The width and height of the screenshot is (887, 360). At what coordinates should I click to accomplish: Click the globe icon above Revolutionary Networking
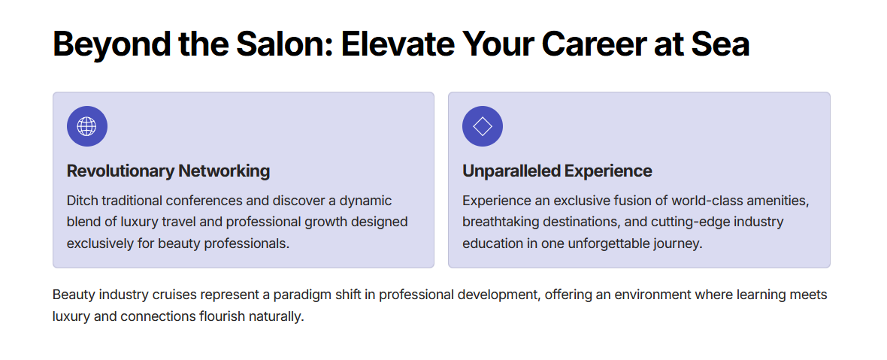(87, 126)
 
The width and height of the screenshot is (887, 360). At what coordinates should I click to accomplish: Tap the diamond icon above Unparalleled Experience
(483, 126)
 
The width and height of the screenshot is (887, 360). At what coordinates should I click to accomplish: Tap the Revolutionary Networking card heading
(168, 171)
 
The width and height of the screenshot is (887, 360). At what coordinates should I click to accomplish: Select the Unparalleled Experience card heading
(557, 171)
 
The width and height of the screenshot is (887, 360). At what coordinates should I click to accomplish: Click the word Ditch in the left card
(82, 201)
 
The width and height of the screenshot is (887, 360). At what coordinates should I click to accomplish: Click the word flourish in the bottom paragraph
(223, 316)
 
